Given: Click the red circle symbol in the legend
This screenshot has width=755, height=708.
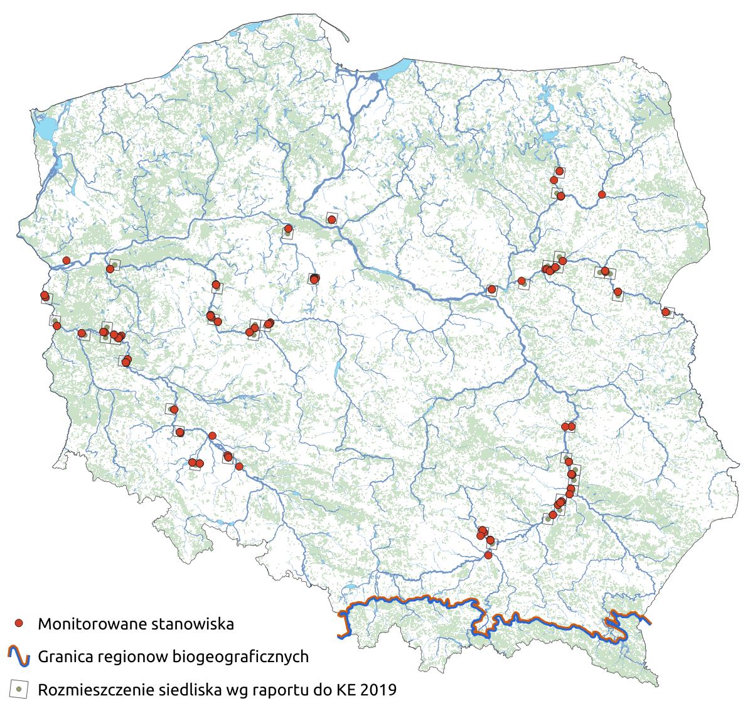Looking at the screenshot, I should [19, 623].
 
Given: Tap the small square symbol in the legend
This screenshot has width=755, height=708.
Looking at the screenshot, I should [19, 689].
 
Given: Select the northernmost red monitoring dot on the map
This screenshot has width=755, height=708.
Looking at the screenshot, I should [559, 171].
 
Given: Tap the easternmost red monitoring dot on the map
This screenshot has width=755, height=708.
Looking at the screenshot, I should [665, 312].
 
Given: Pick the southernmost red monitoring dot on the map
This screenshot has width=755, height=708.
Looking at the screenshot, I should [488, 555].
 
